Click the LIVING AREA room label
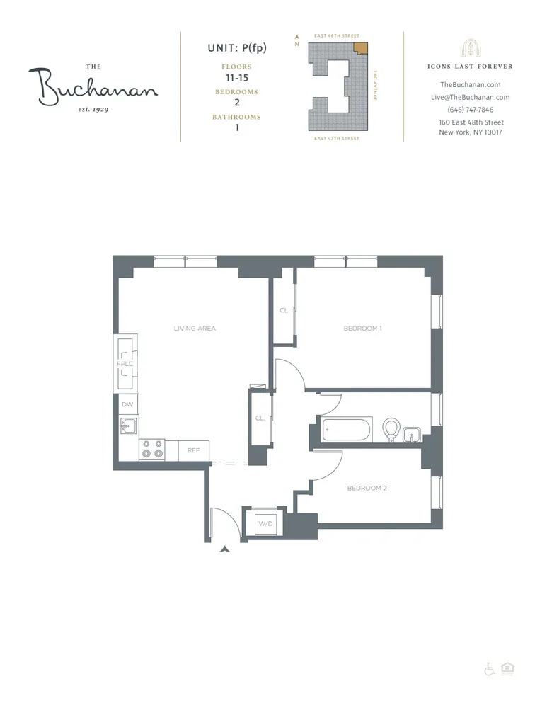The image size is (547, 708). (195, 329)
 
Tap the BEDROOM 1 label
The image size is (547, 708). (362, 329)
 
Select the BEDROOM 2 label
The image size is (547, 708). (366, 489)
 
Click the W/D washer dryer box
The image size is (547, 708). (265, 525)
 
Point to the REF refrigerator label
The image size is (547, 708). (193, 450)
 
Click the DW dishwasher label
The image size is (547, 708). (127, 404)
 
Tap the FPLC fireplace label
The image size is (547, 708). (125, 364)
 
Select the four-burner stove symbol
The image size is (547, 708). (152, 450)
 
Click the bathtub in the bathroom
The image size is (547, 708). (346, 430)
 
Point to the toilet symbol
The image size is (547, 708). (391, 429)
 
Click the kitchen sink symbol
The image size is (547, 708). (129, 426)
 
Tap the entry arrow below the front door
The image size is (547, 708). (226, 548)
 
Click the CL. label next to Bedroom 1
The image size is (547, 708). (284, 310)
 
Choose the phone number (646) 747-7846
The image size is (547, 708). (471, 110)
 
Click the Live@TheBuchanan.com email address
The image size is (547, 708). (471, 97)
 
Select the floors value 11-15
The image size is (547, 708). (236, 77)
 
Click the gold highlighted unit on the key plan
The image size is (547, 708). (360, 48)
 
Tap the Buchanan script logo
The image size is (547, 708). (93, 86)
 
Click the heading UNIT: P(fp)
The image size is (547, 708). (236, 47)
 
